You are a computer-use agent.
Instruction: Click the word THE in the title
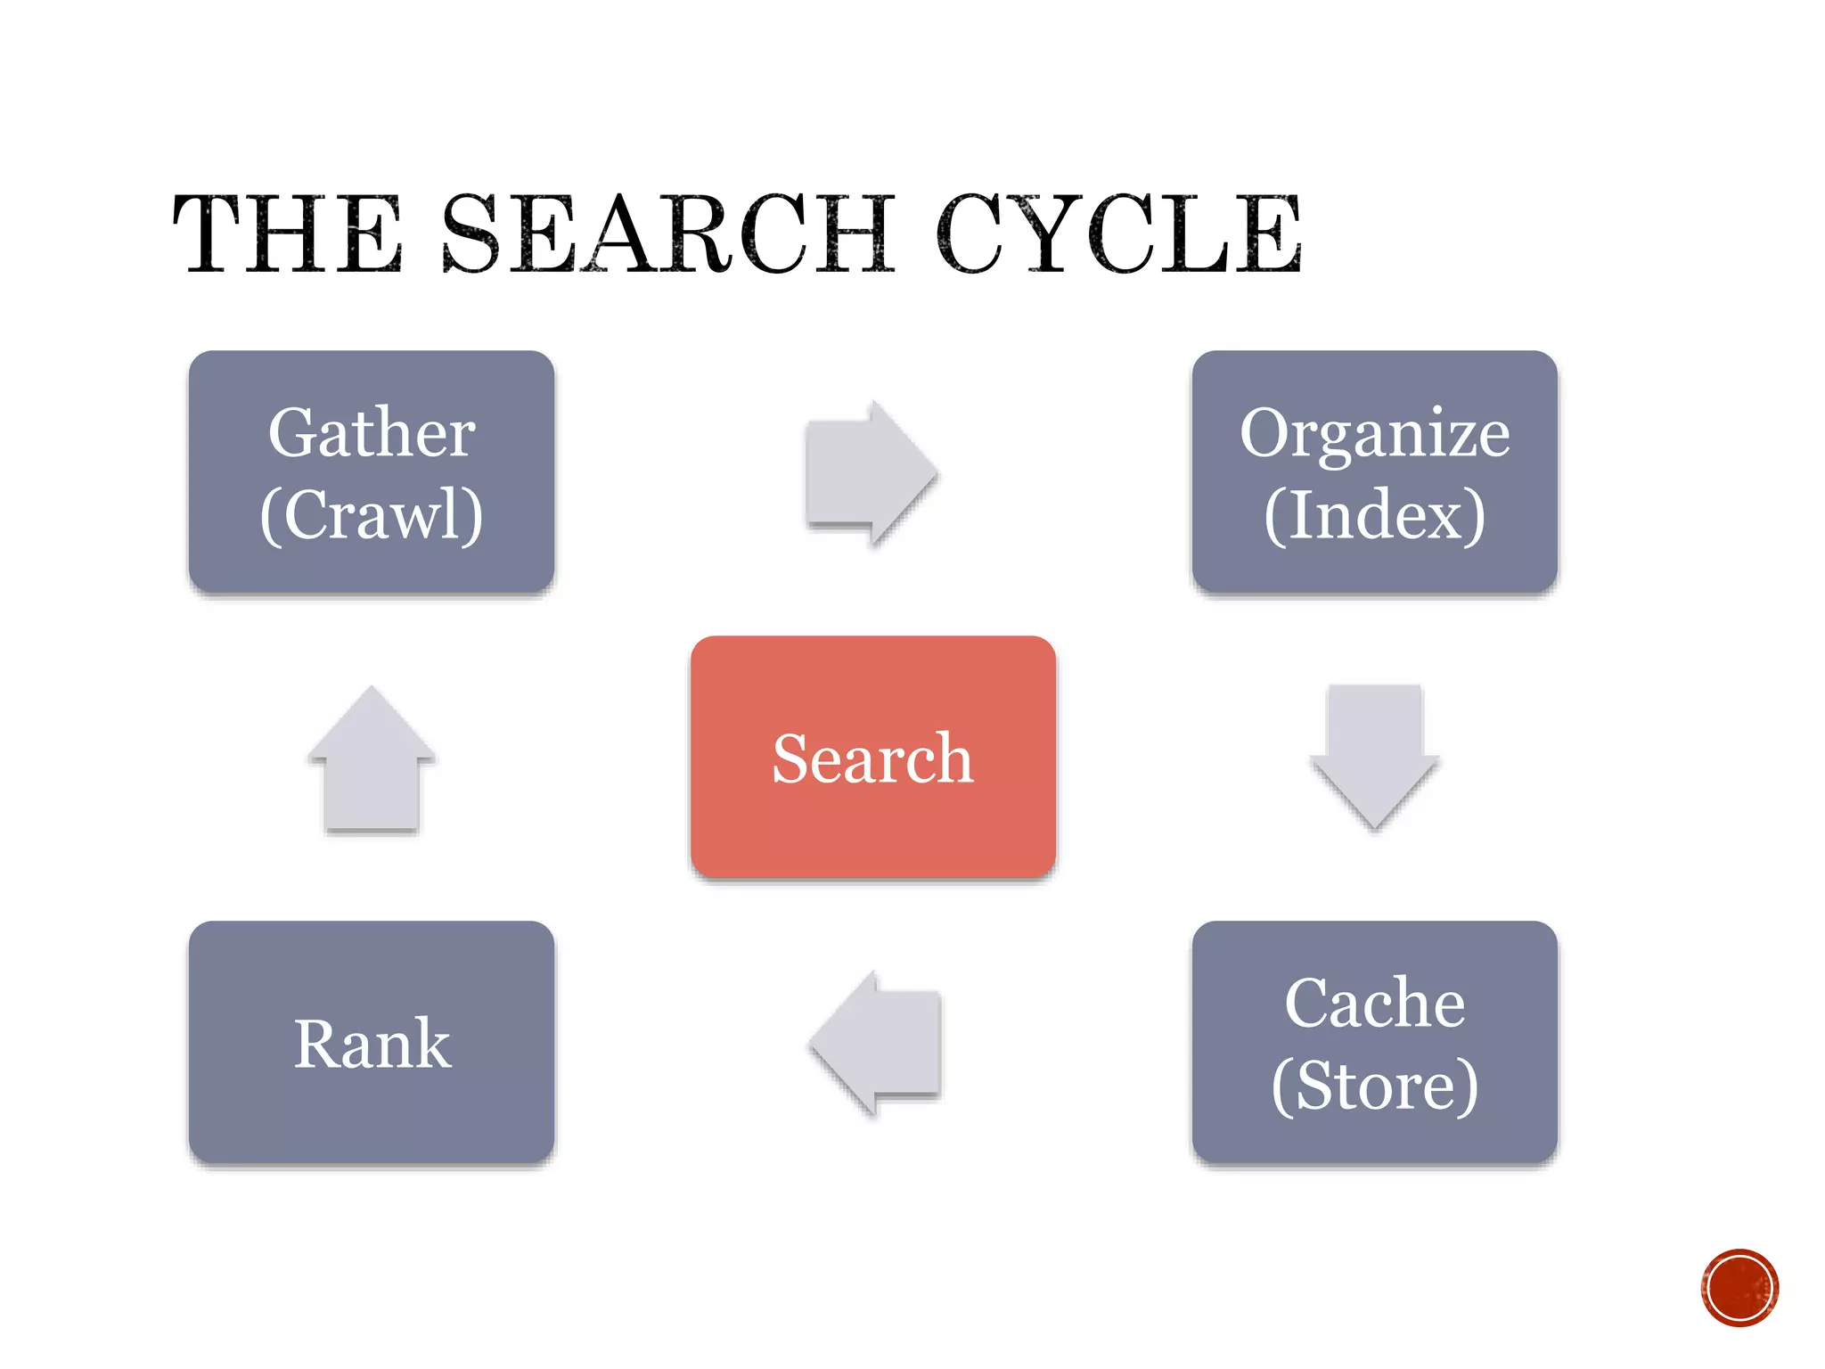coord(287,234)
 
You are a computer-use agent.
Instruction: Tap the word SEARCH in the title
coord(668,234)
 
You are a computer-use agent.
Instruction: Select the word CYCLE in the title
coord(1119,234)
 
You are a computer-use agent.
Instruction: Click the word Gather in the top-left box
coord(372,433)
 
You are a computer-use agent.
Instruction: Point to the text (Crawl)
coord(372,514)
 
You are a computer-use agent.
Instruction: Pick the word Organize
coord(1374,435)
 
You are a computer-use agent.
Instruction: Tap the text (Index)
coord(1374,514)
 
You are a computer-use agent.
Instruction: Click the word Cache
coord(1374,1004)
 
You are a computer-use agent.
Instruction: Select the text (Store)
coord(1374,1085)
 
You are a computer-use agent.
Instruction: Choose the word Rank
coord(372,1044)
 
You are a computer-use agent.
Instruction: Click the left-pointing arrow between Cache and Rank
coord(877,1042)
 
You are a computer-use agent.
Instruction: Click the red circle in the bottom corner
coord(1739,1287)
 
